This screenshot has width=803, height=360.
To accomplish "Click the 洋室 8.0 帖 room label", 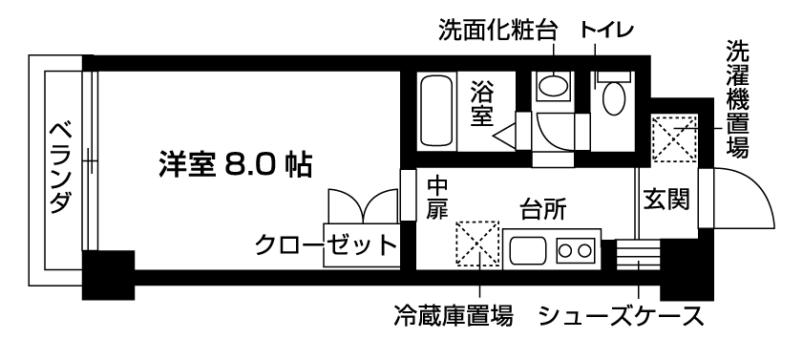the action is pyautogui.click(x=234, y=164).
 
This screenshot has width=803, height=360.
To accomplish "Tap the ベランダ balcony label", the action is pyautogui.click(x=59, y=168).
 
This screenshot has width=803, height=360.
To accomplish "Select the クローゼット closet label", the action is pyautogui.click(x=326, y=245).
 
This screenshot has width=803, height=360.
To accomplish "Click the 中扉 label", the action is pyautogui.click(x=437, y=197).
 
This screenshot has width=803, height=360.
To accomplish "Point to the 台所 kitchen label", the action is pyautogui.click(x=540, y=209).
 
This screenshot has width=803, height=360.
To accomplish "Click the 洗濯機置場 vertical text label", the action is pyautogui.click(x=736, y=98).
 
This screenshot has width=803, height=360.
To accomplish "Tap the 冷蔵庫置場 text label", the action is pyautogui.click(x=454, y=315).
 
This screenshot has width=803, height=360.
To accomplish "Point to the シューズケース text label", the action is pyautogui.click(x=622, y=315).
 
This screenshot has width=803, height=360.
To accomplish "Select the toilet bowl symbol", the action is pyautogui.click(x=611, y=96).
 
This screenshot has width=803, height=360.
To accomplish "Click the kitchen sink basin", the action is pyautogui.click(x=528, y=252).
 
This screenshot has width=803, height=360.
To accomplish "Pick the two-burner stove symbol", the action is pyautogui.click(x=574, y=252).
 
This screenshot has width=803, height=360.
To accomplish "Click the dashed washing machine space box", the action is pyautogui.click(x=675, y=137).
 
